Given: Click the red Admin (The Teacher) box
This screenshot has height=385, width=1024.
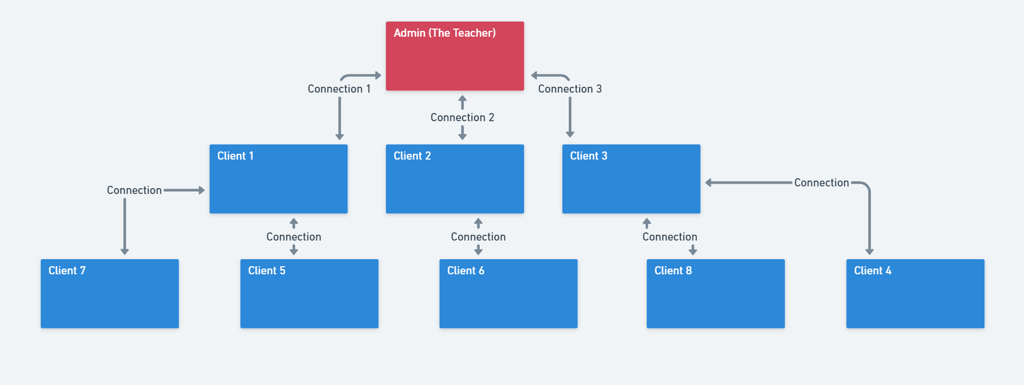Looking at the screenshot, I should coord(455,56).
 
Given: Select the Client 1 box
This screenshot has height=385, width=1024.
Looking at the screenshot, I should coord(278,179).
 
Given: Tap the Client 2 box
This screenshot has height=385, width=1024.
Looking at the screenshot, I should coord(455,179).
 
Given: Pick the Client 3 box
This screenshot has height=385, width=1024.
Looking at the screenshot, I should coord(631,179).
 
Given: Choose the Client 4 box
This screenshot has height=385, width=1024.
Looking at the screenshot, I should coord(915,294).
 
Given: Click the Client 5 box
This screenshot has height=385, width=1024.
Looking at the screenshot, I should coord(309,294).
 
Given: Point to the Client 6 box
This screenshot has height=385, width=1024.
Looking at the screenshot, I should coord(508,294).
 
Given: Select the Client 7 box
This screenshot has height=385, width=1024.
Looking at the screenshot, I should coord(109,294).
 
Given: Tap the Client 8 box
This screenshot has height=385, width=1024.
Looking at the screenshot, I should coord(715,294).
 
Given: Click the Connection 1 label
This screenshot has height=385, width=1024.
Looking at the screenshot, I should coord(339,89).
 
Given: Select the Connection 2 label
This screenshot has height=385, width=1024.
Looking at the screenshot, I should coord(462,118).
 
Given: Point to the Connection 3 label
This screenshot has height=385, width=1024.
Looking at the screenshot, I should coord(569,89).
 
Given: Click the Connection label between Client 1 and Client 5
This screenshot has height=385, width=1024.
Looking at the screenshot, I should coord(293,237).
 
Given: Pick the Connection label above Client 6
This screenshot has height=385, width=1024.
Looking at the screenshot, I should coord(478,237).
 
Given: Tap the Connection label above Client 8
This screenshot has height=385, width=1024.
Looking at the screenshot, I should coord(669,237).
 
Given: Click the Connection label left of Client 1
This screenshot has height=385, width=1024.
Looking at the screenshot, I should coord(134,190).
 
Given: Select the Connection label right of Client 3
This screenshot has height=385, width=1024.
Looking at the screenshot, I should coord(821,183).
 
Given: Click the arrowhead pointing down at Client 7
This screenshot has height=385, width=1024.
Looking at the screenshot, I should coord(125,252).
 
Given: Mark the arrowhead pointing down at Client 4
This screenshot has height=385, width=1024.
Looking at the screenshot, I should coord(869,252).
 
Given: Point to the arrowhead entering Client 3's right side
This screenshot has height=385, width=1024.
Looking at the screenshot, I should coord(708,183).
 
